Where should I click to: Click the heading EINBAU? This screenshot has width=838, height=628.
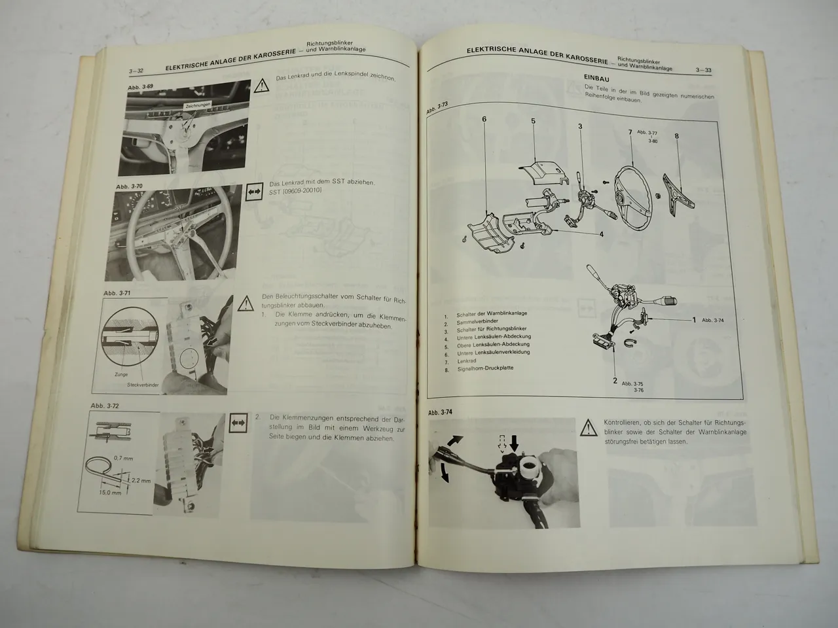coord(596,78)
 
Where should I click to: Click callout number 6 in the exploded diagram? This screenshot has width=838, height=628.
coord(484,119)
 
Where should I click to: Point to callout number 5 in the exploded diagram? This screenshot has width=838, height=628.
coord(533,121)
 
